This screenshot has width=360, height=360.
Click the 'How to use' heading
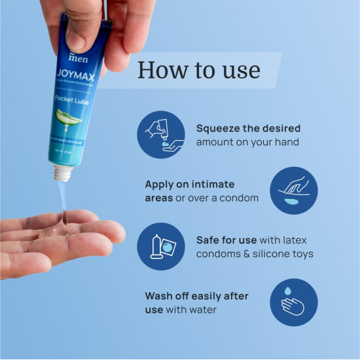click(199, 70)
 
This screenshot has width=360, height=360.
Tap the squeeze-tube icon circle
click(161, 135)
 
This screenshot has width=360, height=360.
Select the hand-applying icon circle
click(294, 190)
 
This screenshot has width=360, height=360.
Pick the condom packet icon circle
click(161, 247)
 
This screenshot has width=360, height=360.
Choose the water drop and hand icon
click(294, 302)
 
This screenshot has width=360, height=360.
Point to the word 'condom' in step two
click(240, 198)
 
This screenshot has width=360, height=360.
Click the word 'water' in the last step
click(204, 310)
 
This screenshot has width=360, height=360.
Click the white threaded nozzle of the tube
click(62, 173)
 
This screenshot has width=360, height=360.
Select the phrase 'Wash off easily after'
click(196, 296)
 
